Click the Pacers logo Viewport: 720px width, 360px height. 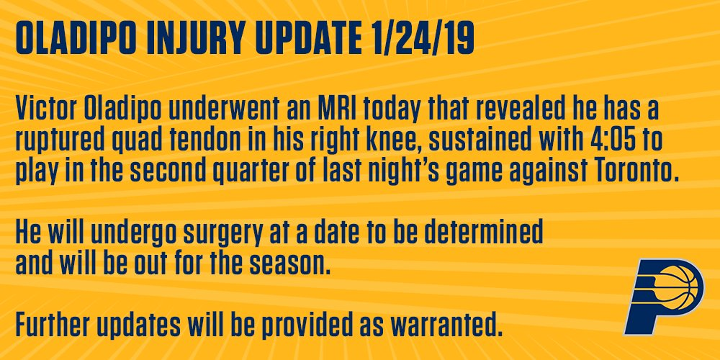[x=662, y=296]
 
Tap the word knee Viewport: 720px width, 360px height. [x=390, y=141]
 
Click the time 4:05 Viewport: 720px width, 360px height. [x=606, y=141]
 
